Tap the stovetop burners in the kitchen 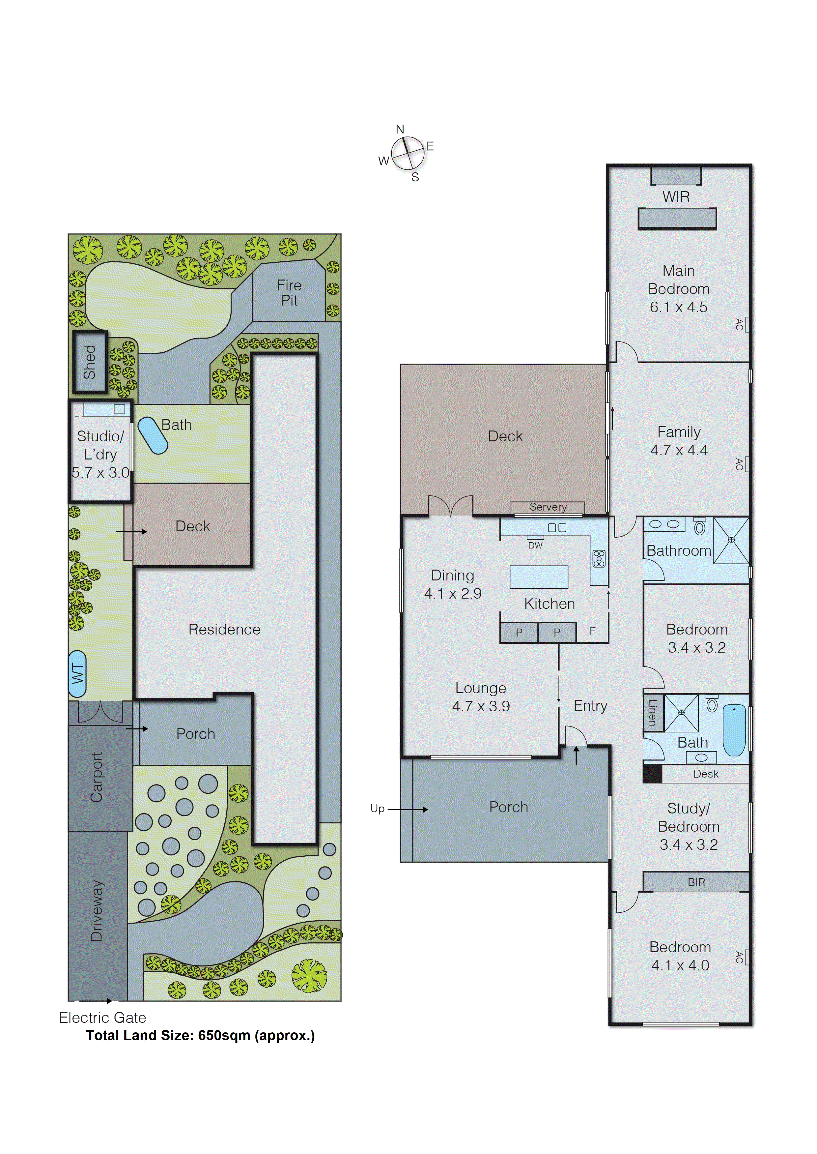click(599, 559)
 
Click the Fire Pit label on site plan click(289, 293)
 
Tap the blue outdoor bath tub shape click(153, 435)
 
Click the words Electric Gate click(103, 1018)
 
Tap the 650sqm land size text click(224, 1036)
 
